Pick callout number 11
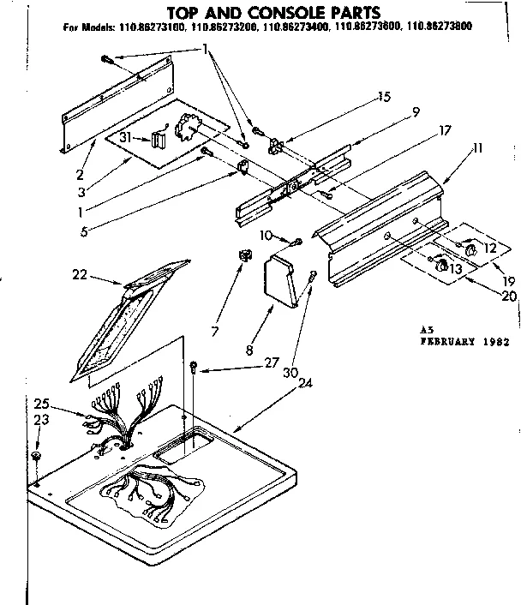coord(476,148)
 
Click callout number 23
coord(40,420)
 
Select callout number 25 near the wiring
coord(41,403)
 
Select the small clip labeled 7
coord(243,255)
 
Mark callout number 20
coord(509,296)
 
